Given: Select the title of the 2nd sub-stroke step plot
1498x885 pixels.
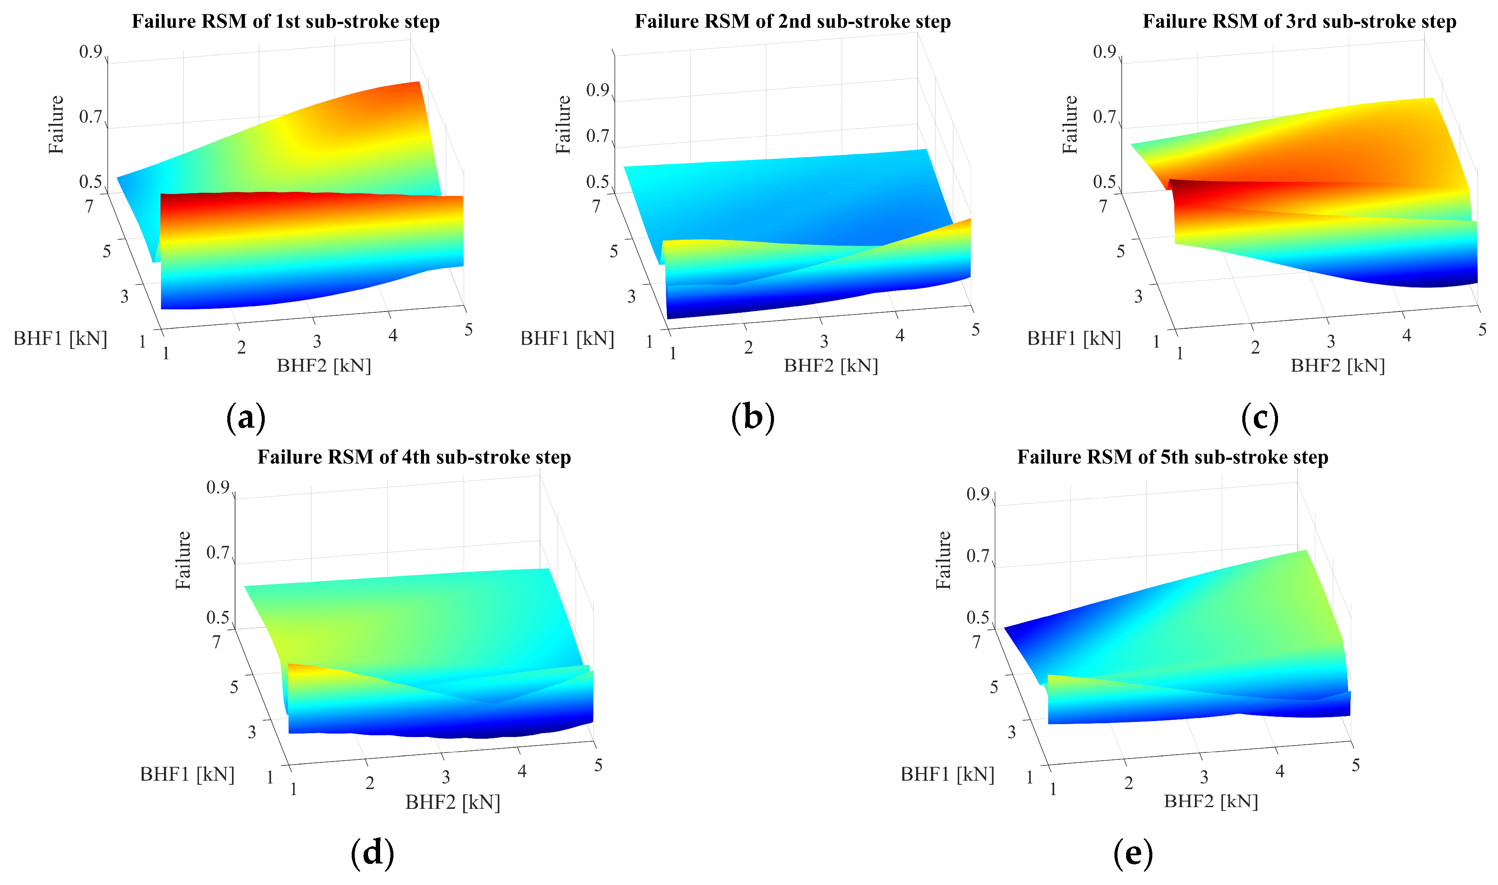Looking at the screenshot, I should click(x=792, y=22).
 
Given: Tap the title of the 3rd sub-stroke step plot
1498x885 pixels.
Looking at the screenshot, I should click(x=1299, y=22).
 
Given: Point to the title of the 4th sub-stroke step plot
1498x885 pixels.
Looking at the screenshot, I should click(x=414, y=457).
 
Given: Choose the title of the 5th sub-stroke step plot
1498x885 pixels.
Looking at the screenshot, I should click(x=1172, y=457).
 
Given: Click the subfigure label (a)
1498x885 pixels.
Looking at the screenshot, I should click(x=246, y=417).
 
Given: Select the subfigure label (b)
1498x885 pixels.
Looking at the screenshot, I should click(x=752, y=417).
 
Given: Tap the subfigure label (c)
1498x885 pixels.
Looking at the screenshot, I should click(x=1260, y=417).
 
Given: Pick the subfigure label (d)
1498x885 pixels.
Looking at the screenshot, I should click(x=372, y=853).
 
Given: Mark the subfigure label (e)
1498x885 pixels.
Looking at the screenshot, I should click(x=1132, y=853).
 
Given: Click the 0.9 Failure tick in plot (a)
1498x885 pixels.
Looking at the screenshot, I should click(x=91, y=52).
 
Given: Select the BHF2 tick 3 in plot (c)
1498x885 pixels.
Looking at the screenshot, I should click(x=1331, y=342).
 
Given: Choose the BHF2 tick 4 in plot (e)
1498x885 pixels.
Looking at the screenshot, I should click(x=1280, y=771).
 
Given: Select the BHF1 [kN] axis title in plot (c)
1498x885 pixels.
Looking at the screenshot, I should click(x=1074, y=339).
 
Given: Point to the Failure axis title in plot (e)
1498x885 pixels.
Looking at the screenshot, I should click(x=943, y=560).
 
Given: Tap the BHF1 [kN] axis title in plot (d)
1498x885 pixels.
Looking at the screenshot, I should click(x=187, y=774).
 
